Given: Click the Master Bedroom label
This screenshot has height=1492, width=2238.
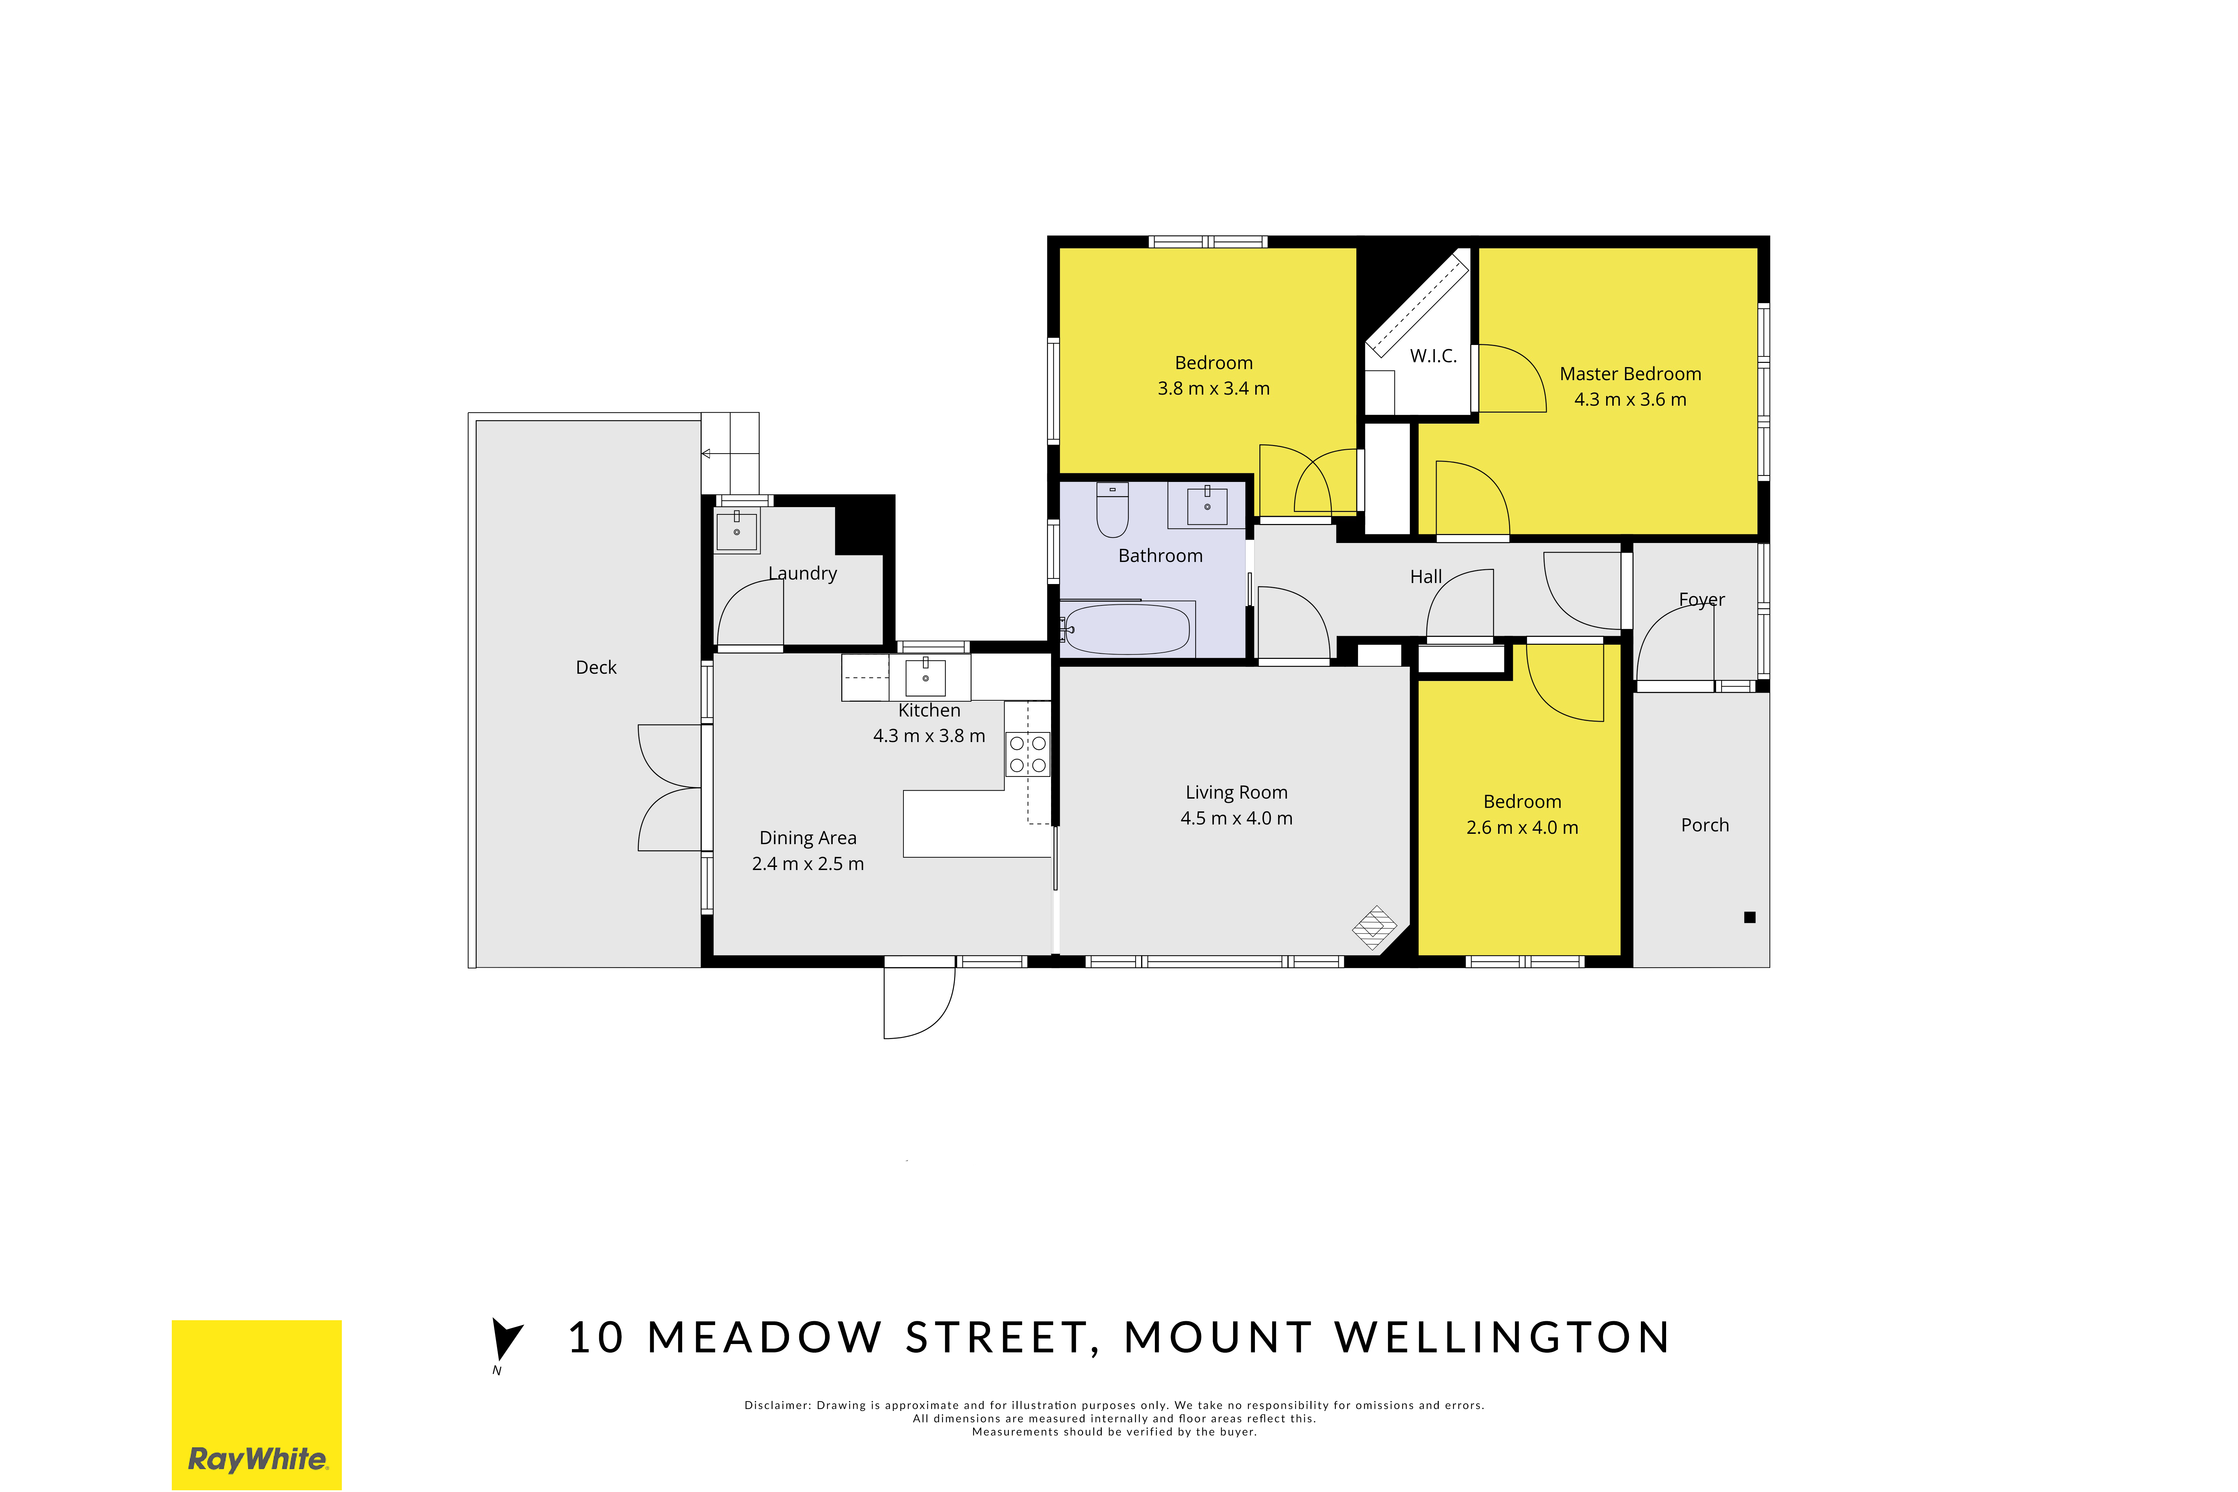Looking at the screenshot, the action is tap(1630, 374).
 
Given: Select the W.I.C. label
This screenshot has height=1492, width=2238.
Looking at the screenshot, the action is tap(1433, 356).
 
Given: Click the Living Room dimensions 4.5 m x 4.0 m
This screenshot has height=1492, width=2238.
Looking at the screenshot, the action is tap(1236, 818).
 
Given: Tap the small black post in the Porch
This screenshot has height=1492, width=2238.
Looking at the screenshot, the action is tap(1749, 917).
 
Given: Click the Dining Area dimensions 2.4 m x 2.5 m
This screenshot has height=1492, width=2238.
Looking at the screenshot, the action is tap(808, 864).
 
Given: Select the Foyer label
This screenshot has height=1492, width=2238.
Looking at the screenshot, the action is tap(1701, 600).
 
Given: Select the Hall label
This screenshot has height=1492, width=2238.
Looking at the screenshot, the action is tap(1425, 577).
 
